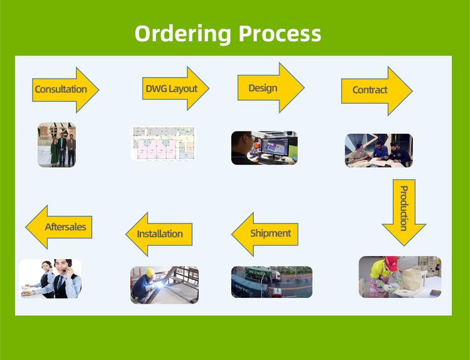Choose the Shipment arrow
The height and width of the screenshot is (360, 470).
[x=266, y=234]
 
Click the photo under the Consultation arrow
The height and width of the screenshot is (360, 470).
[x=56, y=145]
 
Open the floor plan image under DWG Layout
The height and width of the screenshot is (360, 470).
[x=163, y=143]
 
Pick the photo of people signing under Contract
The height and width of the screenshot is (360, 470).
[x=379, y=150]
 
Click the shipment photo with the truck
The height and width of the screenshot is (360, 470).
[x=271, y=282]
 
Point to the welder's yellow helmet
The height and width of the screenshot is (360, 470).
[x=150, y=272]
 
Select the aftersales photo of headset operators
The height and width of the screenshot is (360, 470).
[x=50, y=278]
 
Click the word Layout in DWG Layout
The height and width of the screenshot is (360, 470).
[x=183, y=89]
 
